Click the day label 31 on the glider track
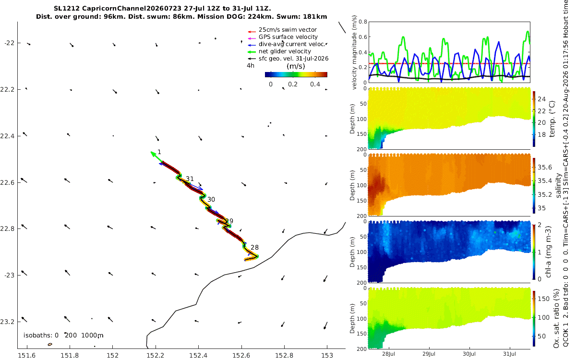190,179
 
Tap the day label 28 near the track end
254,247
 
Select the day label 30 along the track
211,199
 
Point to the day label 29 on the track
229,221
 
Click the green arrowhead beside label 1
154,154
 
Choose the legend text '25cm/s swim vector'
288,30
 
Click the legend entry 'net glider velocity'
285,51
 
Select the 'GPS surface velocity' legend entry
288,37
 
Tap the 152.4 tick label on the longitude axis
198,355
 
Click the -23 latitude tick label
9,276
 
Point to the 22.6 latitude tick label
7,182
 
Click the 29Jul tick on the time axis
429,354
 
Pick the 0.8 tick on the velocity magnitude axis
363,22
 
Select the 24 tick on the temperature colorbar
541,99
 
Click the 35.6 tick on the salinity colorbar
545,168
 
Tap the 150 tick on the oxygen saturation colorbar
543,299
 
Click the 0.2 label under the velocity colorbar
293,84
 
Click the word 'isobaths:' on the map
39,336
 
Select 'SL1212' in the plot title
67,9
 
